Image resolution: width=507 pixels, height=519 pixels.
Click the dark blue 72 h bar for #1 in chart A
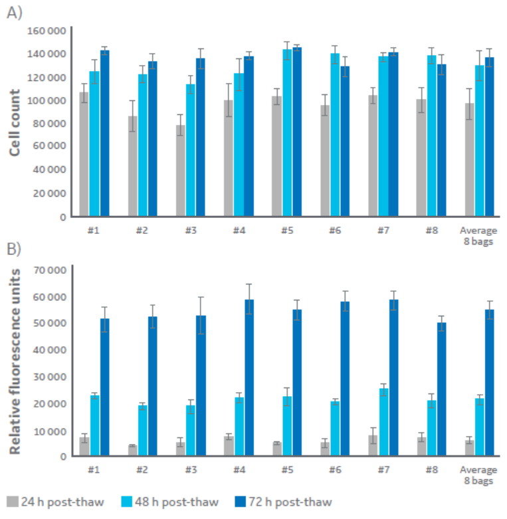[x=104, y=133]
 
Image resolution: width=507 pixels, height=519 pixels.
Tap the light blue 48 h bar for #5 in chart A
[x=287, y=133]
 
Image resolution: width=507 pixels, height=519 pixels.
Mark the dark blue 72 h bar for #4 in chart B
[x=249, y=379]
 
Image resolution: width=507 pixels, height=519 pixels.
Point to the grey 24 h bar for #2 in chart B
[x=133, y=451]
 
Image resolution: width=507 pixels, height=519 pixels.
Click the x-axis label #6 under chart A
[x=335, y=229]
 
